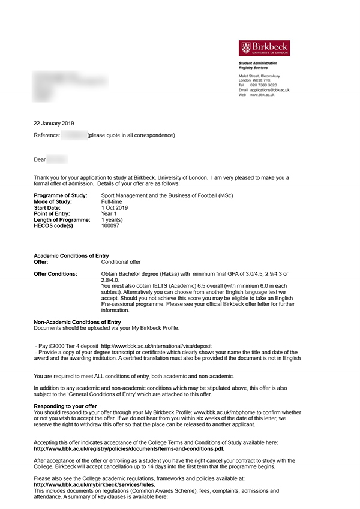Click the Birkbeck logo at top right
pos(264,48)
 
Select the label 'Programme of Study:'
pos(61,196)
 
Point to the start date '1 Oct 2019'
pos(115,208)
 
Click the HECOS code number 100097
pos(110,226)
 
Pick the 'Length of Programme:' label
pos(62,220)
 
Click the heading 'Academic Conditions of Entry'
pos(71,256)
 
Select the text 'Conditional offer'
pos(121,262)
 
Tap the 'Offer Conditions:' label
pos(56,274)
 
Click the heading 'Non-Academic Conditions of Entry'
pos(77,323)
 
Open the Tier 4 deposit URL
pos(157,347)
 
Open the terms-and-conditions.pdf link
pos(129,448)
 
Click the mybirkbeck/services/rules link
pos(94,484)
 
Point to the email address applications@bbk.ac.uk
pos(269,90)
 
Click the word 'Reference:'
pos(47,135)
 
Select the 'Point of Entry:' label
pos(52,214)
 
